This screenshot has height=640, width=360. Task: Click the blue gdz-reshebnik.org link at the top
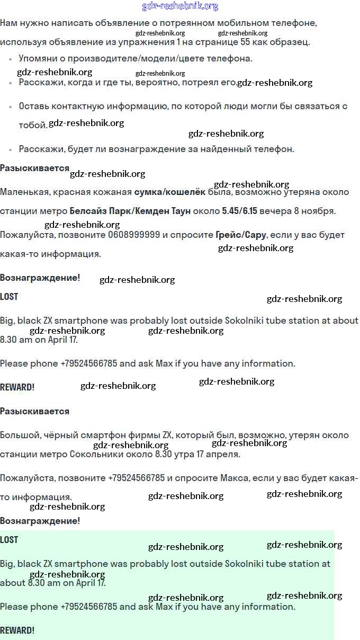180,6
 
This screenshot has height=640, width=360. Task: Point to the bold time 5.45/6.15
239,211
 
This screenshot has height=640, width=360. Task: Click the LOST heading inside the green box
9,540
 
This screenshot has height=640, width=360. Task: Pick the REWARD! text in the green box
17,630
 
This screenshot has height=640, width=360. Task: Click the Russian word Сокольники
92,454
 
